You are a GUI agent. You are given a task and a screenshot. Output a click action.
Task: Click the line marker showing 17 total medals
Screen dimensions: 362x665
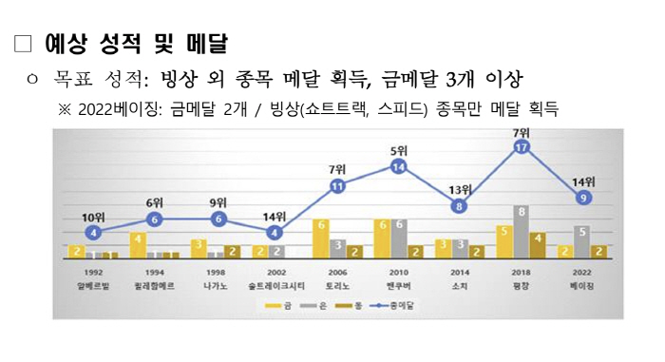coord(521,147)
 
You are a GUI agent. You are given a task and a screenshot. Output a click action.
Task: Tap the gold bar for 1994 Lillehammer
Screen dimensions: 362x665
coord(137,245)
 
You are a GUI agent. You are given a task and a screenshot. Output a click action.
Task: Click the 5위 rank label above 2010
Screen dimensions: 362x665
coord(399,151)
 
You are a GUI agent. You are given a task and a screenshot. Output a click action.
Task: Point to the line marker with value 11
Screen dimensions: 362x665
coord(337,186)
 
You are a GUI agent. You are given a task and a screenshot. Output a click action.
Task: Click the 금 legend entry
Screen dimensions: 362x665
coord(278,305)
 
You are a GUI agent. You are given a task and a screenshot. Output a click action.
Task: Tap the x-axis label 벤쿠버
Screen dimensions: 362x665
coord(398,285)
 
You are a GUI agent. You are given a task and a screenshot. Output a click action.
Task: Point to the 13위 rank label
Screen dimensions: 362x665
coord(460,189)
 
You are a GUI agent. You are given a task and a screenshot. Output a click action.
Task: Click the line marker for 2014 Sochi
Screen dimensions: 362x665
coord(460,205)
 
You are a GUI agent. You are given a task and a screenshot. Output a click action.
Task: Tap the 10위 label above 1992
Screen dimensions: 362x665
coord(92,216)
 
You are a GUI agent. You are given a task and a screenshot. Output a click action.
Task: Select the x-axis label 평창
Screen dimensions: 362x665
coord(521,285)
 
